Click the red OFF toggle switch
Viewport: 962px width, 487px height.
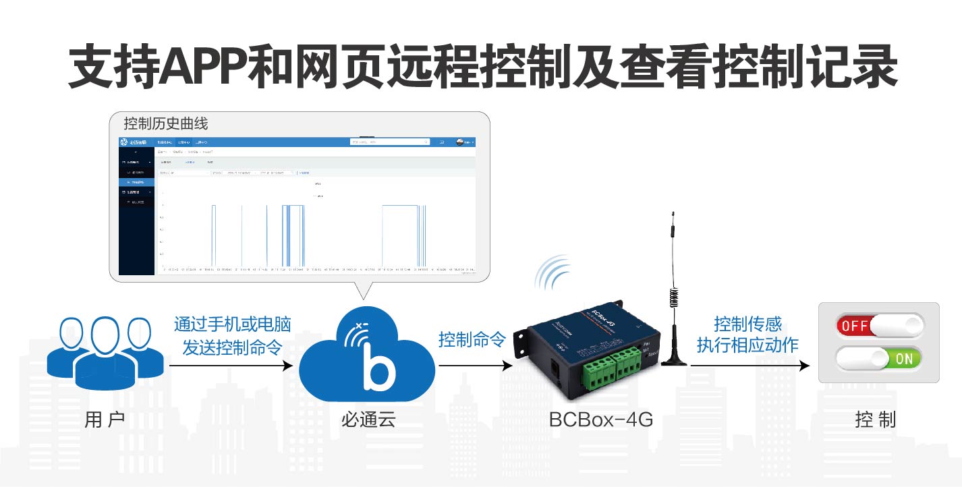pos(879,326)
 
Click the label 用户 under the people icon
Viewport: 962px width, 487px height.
pos(105,420)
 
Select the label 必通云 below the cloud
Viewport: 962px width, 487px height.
pos(368,420)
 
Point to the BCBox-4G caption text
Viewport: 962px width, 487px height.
pos(600,420)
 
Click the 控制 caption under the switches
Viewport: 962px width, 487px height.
pos(875,420)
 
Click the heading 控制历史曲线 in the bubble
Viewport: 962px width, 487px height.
pos(166,123)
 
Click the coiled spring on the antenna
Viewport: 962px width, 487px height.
pos(673,297)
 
